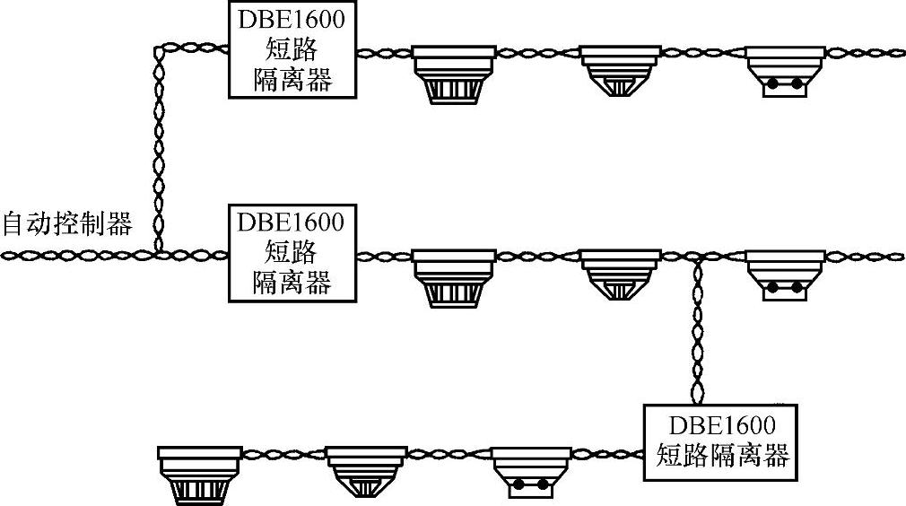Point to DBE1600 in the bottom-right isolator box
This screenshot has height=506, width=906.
(x=722, y=424)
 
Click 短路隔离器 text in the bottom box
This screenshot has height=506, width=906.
(x=722, y=455)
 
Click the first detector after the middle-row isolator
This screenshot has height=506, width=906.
(x=454, y=277)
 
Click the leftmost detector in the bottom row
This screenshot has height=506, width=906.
(x=199, y=474)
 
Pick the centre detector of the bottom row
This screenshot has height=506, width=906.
(x=366, y=471)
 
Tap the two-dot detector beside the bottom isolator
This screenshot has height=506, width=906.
(x=533, y=471)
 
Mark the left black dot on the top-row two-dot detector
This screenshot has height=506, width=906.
(x=771, y=84)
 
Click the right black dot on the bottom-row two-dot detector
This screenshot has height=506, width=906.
(x=544, y=484)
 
